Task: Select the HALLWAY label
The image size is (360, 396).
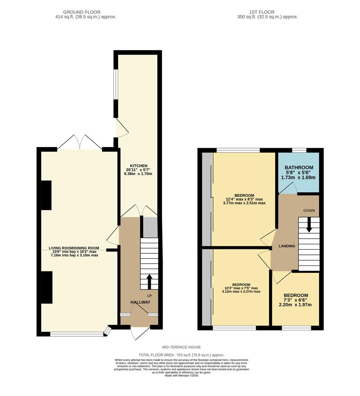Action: tap(140, 302)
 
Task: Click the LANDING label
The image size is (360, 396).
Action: tap(287, 246)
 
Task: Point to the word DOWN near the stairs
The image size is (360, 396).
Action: tap(309, 210)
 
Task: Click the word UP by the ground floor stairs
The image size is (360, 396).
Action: tap(149, 296)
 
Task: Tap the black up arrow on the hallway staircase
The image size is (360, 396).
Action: tap(149, 281)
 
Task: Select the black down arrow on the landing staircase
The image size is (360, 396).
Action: tap(309, 224)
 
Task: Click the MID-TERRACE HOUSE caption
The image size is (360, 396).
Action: tap(181, 347)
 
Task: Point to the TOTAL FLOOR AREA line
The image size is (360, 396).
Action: tap(181, 355)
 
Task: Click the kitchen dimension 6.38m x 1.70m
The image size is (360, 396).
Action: tap(138, 174)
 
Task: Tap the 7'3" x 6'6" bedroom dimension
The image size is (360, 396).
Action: tap(296, 300)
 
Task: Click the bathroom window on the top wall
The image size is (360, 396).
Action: tap(299, 150)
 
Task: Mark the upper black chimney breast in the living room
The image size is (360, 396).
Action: tap(46, 195)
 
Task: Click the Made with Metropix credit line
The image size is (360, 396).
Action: tap(181, 375)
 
